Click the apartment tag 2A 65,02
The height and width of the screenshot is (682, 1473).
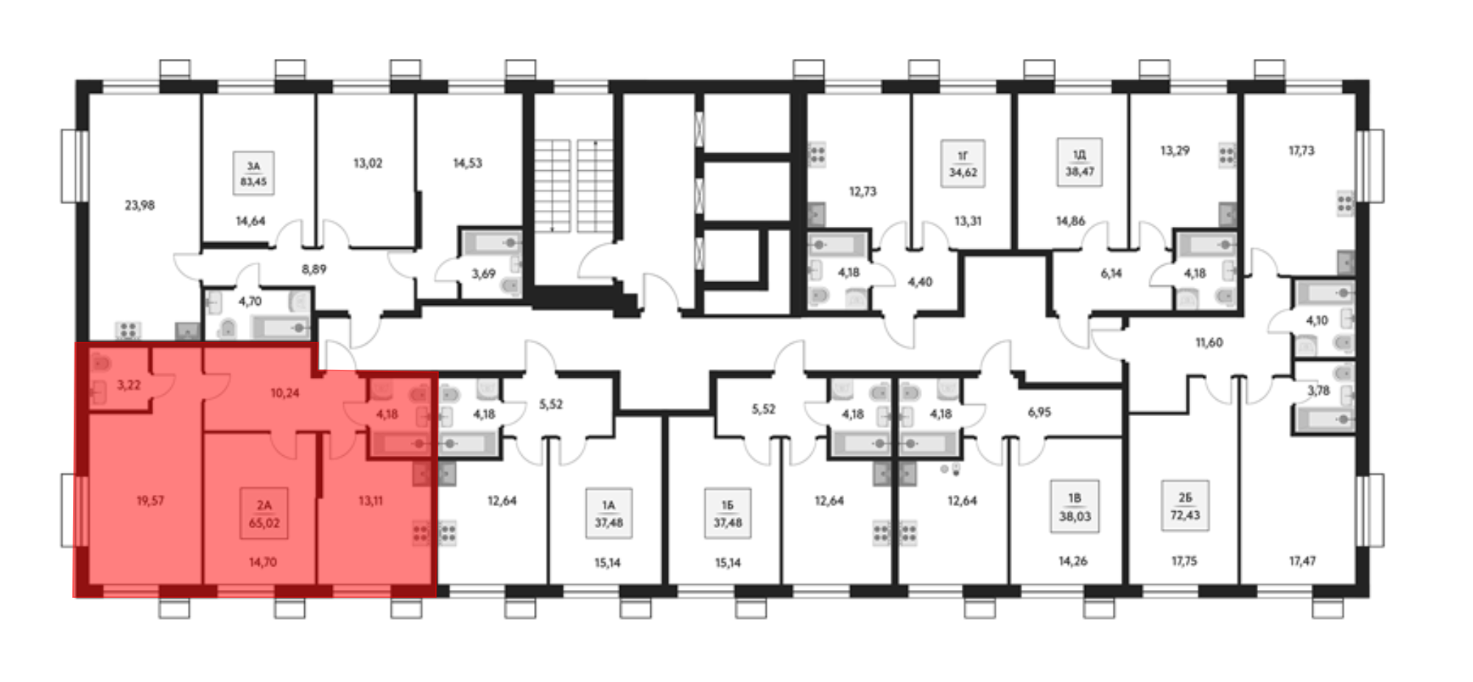tap(264, 514)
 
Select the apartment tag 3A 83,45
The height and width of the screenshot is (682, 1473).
tap(253, 174)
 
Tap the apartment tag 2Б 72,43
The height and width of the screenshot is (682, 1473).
tap(1184, 507)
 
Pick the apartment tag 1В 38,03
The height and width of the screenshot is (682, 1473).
tap(1075, 507)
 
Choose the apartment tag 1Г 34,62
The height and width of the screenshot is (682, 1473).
tap(963, 164)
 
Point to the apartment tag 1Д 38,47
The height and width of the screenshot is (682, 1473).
tap(1079, 162)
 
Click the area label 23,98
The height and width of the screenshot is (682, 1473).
tap(139, 205)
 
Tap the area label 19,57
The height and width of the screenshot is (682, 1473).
tap(150, 501)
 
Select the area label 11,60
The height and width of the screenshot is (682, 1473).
tap(1209, 342)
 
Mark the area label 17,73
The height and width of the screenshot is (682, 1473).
tap(1301, 150)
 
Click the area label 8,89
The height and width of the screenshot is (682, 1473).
tap(314, 269)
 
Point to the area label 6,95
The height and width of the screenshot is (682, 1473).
tap(1039, 412)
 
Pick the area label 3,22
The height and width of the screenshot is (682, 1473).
tap(129, 384)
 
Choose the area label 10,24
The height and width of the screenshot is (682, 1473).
tap(285, 393)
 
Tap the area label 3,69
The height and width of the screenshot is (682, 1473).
tap(483, 274)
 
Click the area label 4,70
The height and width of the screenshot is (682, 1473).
tap(250, 301)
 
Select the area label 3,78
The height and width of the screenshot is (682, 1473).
tap(1318, 390)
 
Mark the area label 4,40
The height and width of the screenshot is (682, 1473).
tap(920, 281)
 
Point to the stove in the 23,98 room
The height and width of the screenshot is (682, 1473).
tap(128, 330)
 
